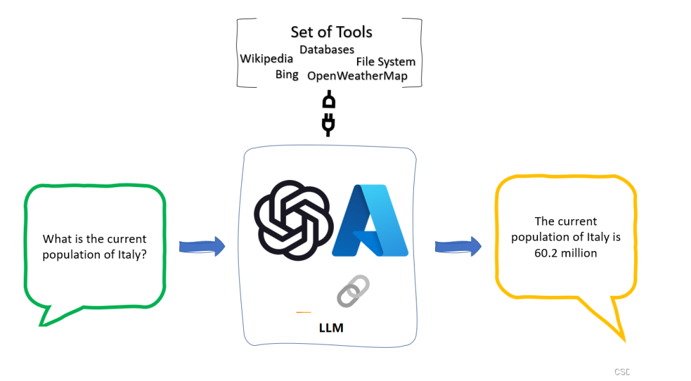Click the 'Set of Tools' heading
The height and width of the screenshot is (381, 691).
pyautogui.click(x=331, y=32)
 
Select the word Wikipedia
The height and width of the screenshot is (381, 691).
pyautogui.click(x=266, y=59)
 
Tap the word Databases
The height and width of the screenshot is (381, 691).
pyautogui.click(x=326, y=49)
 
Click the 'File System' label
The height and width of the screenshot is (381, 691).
pyautogui.click(x=386, y=62)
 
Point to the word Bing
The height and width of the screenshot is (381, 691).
pyautogui.click(x=287, y=75)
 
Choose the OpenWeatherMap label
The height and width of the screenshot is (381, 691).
pyautogui.click(x=357, y=76)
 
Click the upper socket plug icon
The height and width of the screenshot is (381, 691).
pyautogui.click(x=329, y=101)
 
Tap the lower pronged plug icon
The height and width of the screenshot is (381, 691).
pyautogui.click(x=329, y=124)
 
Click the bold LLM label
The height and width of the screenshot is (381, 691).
pyautogui.click(x=331, y=328)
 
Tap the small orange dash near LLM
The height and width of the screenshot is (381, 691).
pyautogui.click(x=303, y=312)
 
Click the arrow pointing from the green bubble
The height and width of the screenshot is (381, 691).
pyautogui.click(x=202, y=246)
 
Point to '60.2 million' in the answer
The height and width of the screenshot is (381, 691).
pyautogui.click(x=566, y=253)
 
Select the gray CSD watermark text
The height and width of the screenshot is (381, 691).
pyautogui.click(x=622, y=372)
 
